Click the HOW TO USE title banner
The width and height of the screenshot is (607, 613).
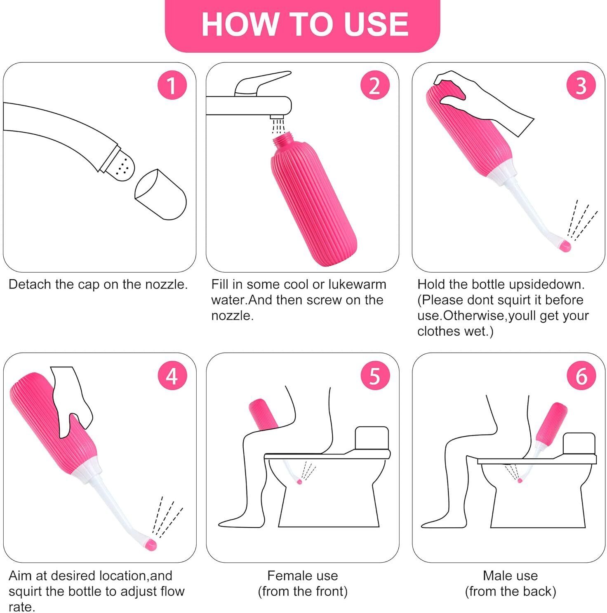303,25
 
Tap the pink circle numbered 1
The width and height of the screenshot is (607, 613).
171,86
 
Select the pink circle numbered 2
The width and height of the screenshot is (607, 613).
374,86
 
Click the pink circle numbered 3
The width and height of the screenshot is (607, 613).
581,86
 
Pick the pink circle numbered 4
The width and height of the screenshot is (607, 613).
171,377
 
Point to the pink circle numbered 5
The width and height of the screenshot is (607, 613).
374,377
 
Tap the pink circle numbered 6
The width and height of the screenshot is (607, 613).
581,377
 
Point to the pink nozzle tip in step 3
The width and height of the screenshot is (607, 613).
564,246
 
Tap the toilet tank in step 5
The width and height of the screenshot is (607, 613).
372,439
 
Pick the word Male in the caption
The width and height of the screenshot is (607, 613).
497,576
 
